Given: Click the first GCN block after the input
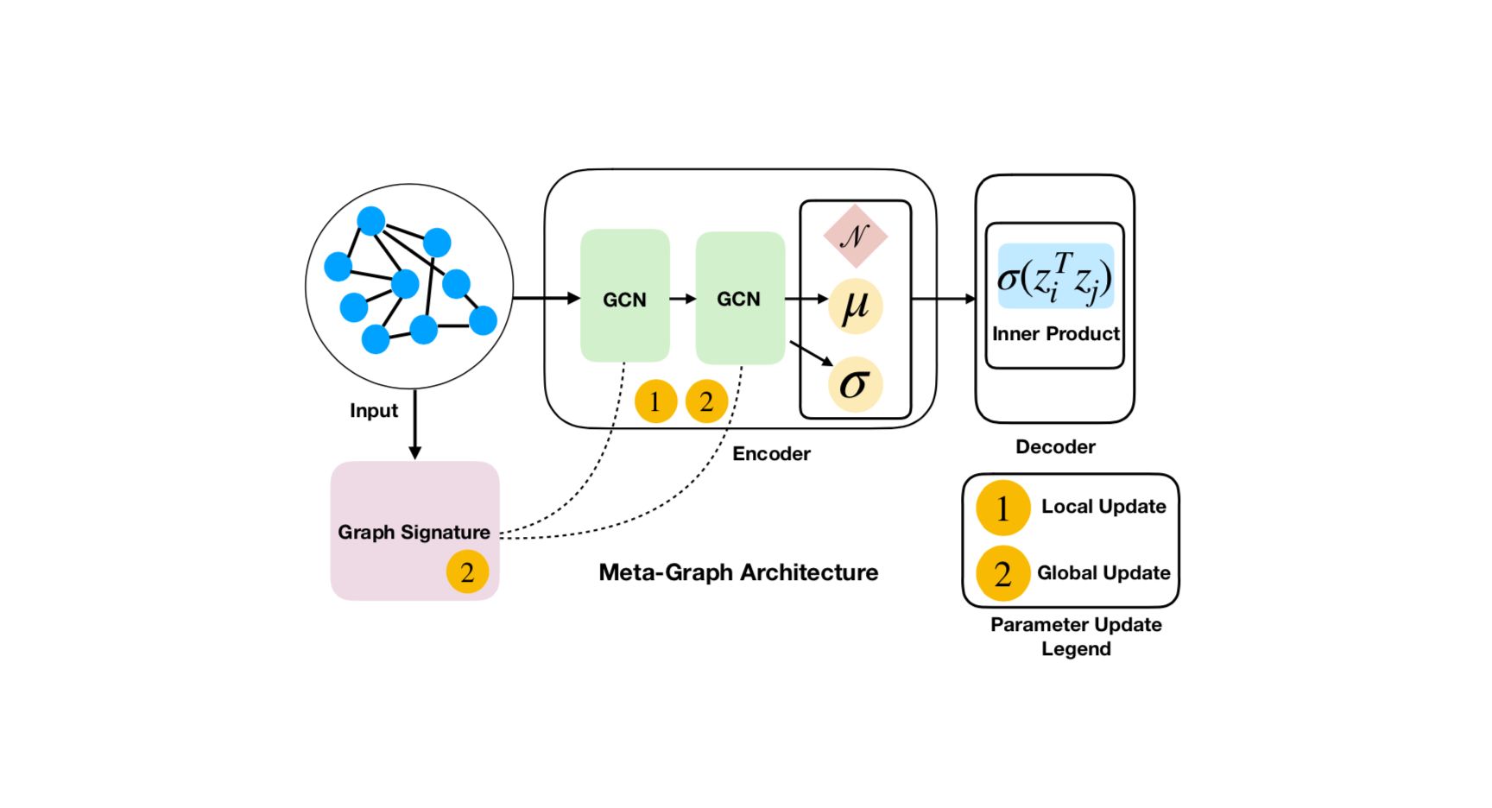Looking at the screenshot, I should pos(624,295).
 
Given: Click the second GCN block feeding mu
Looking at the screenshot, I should pos(739,297).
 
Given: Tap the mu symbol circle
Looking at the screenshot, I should pos(855,306).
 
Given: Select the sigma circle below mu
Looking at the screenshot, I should pos(855,384).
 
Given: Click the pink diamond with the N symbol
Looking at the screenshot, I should pos(855,236).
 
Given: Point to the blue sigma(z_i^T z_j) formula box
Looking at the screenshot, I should pos(1055,276).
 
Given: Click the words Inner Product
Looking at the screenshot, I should pos(1055,334).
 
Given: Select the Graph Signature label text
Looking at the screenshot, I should pos(414,532).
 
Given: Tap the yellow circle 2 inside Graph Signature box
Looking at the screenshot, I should pos(467,571).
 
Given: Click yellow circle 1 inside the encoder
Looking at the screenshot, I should pos(655,401).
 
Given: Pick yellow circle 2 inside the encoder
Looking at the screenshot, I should pos(706,401).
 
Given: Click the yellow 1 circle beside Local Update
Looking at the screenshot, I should pos(1002,508).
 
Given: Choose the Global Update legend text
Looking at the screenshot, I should pos(1103,573).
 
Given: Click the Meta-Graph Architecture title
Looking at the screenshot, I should pos(738,572).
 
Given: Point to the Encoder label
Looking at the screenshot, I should pos(771,454).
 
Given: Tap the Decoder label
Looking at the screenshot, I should pos(1055,447).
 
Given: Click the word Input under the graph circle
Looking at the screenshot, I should pos(374,411).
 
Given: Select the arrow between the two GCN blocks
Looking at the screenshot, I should pos(682,299).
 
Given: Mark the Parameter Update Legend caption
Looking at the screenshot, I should pos(1076,636).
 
